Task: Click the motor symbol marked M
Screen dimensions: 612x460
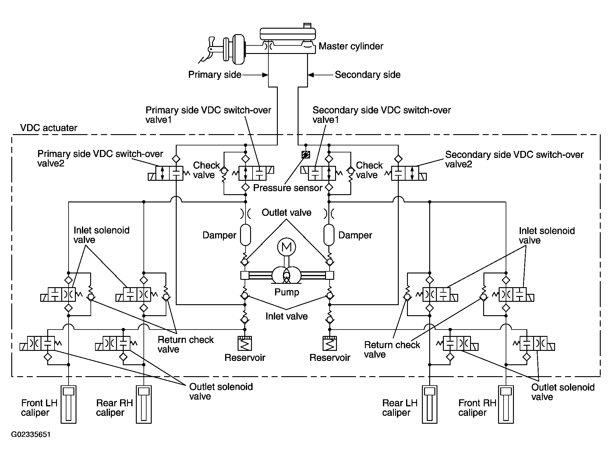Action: pyautogui.click(x=286, y=247)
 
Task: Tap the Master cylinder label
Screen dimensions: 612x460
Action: pyautogui.click(x=351, y=46)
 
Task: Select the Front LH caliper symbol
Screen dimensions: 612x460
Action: pyautogui.click(x=69, y=405)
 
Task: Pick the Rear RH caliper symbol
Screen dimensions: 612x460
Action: pyautogui.click(x=143, y=405)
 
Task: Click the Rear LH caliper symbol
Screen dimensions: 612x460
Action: pyautogui.click(x=430, y=405)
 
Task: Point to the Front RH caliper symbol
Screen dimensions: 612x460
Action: pyautogui.click(x=506, y=405)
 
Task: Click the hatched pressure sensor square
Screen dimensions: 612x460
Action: pyautogui.click(x=306, y=155)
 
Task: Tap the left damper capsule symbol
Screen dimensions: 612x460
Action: pyautogui.click(x=246, y=235)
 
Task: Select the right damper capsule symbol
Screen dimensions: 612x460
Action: pyautogui.click(x=329, y=235)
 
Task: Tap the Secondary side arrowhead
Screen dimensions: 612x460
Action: pyautogui.click(x=311, y=75)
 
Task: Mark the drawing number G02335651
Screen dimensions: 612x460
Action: pyautogui.click(x=31, y=434)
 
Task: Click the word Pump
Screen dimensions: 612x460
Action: pyautogui.click(x=287, y=292)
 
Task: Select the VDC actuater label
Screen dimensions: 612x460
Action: pyautogui.click(x=48, y=128)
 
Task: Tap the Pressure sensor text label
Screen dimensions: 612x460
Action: pyautogui.click(x=288, y=188)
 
